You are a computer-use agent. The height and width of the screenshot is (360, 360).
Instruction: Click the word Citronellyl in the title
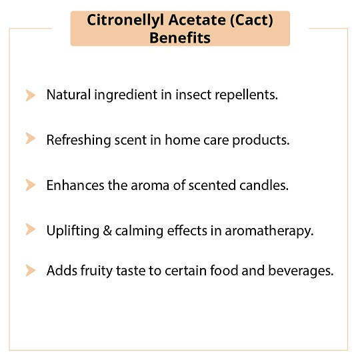point(125,20)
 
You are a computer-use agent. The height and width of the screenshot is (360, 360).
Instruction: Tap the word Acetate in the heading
point(197,20)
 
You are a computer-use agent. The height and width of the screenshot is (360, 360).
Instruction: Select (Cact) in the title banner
point(251,21)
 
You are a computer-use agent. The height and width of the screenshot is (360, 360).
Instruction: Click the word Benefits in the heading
point(180,38)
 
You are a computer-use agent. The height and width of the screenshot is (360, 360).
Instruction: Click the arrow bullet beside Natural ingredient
point(31,95)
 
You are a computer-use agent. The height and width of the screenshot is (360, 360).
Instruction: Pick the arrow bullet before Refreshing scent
point(31,138)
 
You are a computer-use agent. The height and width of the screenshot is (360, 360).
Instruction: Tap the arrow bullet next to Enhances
point(31,185)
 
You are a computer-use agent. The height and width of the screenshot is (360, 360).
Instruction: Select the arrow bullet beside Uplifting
point(31,229)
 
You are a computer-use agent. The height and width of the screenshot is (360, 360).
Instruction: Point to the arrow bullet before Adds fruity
point(31,270)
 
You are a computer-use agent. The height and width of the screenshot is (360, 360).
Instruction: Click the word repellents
point(247,95)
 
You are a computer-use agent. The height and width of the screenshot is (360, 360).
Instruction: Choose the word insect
point(193,95)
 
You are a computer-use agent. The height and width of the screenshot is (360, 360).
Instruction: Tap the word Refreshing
point(79,140)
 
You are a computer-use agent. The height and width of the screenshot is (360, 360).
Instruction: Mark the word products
point(261,140)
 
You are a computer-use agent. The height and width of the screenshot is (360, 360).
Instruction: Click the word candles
point(264,185)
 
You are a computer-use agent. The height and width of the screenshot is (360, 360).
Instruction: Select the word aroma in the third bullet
point(150,185)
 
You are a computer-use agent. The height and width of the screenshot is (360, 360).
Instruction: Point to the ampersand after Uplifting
point(107,231)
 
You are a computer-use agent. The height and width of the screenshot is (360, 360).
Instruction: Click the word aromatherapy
point(269,231)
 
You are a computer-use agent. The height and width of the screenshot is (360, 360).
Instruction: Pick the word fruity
point(97,271)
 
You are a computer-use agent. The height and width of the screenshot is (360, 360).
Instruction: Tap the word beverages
point(301,271)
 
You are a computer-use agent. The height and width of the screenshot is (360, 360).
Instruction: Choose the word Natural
point(69,95)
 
